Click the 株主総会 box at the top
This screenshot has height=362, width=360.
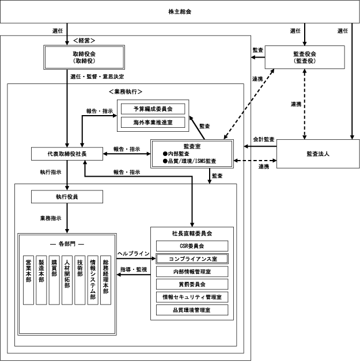coord(180,12)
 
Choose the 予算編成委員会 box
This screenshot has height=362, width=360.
coord(153,108)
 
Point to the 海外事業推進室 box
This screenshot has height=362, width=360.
coord(153,122)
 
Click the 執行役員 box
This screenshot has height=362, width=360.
coord(67,196)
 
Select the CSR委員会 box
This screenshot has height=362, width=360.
coord(192,246)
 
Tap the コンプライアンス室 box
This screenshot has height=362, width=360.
coord(192,258)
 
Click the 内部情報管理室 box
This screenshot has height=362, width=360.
coord(192,272)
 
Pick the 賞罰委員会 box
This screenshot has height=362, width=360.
coord(192,284)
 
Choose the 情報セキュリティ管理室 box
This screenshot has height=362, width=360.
coord(192,297)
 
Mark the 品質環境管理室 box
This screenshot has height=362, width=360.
coord(192,310)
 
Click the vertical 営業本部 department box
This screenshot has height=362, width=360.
coord(28,280)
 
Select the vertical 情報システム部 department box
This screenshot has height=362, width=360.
coord(92,280)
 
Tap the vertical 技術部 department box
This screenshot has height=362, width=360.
coord(79,280)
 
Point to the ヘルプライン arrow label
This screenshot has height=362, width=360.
coord(133,253)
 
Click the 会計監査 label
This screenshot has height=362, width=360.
coord(264,139)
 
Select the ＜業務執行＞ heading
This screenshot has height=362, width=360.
coord(125,92)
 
